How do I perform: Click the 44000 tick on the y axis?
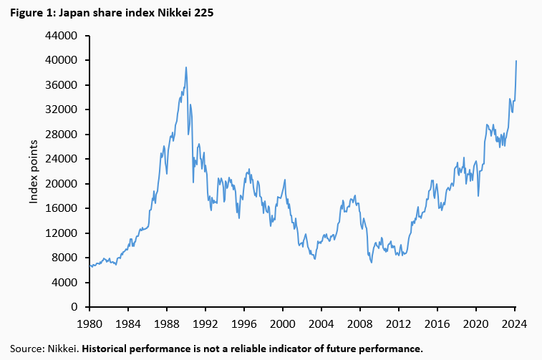[x=62, y=36]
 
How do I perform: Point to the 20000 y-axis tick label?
[x=62, y=184]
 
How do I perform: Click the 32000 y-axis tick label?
[x=62, y=110]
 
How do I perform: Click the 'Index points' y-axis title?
[x=34, y=171]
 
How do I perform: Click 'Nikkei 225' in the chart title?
[x=185, y=12]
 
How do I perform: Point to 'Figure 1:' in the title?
[x=31, y=12]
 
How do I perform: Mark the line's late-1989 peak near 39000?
[x=186, y=67]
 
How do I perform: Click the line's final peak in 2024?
[x=517, y=61]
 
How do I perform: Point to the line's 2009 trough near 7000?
[x=371, y=262]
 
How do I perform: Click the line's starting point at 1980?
[x=89, y=265]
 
